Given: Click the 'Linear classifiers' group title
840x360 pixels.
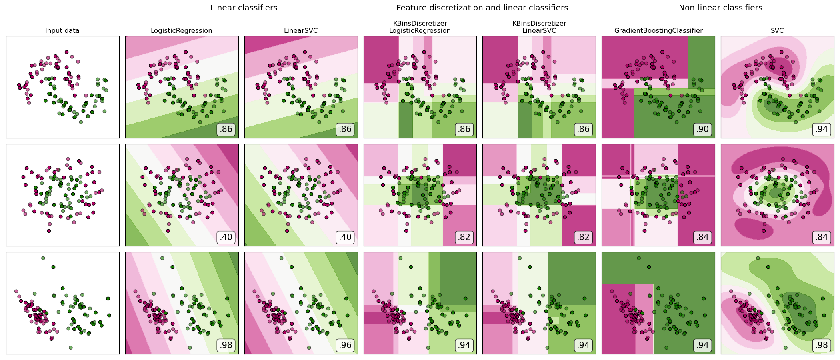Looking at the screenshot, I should (244, 8).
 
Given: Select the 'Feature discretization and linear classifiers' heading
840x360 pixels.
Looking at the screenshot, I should (482, 8).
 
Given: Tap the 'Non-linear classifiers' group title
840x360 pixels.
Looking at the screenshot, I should (720, 8).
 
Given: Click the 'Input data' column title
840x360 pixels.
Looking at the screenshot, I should (62, 31).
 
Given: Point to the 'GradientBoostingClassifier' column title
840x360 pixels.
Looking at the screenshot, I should (658, 31).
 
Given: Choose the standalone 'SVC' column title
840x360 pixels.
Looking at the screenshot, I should (777, 31).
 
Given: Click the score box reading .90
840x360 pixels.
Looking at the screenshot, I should (702, 129).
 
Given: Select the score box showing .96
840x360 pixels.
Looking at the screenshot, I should (345, 345).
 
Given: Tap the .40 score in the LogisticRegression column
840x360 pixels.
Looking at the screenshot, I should (226, 237).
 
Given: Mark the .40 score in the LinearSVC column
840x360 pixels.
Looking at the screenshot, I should (345, 237).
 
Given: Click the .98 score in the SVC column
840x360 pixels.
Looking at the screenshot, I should (822, 345).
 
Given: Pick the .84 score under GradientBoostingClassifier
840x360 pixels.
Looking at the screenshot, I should (702, 237).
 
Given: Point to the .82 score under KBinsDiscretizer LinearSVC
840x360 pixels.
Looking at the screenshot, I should (583, 237).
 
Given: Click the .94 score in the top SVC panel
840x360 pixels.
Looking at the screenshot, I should (822, 129).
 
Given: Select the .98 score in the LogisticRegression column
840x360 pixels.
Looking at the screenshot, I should (226, 345).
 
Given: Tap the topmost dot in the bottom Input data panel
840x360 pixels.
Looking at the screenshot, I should (43, 258).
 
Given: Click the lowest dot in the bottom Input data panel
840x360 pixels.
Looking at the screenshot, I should (71, 348).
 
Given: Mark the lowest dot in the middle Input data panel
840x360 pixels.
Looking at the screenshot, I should (49, 231).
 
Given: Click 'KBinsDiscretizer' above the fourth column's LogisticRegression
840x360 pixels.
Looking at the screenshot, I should (420, 23).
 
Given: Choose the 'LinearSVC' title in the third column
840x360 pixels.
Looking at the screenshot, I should (301, 31).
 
